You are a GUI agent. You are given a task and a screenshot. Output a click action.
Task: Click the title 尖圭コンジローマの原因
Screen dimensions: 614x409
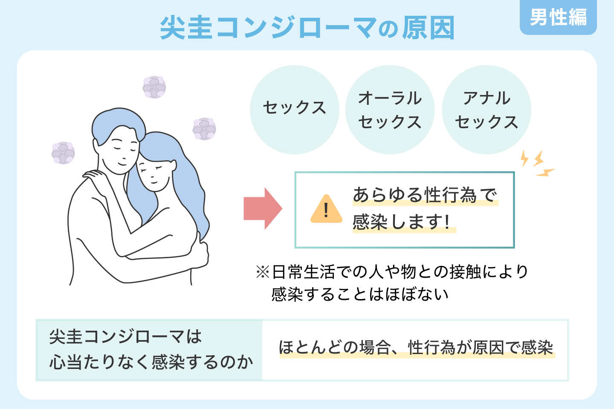coord(307,28)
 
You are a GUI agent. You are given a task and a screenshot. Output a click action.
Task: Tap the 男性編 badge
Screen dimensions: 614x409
coord(558,17)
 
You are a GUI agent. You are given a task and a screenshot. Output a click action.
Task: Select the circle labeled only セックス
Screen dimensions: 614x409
coord(294,109)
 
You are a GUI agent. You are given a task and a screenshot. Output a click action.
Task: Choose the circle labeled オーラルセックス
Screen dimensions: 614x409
coord(390,109)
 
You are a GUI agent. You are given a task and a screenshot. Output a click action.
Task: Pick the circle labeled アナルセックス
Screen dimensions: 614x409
coord(487,109)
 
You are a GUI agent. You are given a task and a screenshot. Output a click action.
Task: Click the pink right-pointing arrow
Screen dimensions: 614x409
coord(263,208)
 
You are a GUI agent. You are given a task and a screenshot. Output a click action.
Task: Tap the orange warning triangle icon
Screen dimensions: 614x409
coord(326,209)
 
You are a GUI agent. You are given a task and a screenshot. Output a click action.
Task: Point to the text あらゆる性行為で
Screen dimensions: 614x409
coord(425,195)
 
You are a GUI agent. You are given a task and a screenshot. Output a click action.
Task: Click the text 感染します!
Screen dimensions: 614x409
coord(401,222)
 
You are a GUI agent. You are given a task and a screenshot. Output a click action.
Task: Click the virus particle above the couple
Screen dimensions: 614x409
coord(154,87)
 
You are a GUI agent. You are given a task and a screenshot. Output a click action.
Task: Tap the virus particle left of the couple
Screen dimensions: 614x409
coord(63,153)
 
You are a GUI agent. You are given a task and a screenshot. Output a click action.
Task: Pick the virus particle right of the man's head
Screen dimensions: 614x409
coord(204,129)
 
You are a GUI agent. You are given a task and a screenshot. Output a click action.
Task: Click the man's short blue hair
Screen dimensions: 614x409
coord(118,125)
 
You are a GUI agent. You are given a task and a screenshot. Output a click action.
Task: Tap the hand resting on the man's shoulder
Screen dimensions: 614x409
coord(95,177)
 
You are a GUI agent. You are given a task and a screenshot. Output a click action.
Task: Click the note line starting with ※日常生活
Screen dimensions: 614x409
coord(392,272)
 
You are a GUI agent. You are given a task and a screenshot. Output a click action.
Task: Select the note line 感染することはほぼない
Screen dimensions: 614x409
coord(360,295)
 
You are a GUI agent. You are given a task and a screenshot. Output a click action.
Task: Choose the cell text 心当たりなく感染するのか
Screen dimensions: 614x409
coord(151,362)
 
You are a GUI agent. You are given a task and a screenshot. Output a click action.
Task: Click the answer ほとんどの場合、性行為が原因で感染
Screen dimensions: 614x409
coord(416,348)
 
